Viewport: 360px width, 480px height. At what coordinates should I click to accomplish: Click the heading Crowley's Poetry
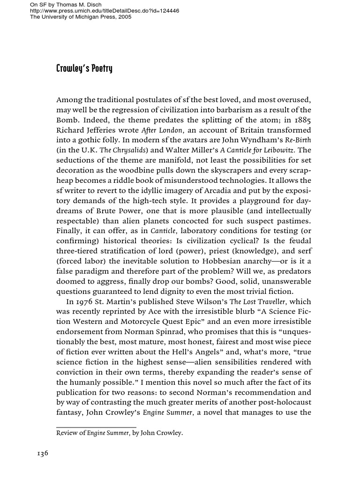(84, 69)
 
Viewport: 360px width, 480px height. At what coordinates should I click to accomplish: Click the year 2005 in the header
(124, 17)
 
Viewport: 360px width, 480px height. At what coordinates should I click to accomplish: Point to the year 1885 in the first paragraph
(301, 119)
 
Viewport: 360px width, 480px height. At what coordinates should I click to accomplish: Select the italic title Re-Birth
(298, 139)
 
